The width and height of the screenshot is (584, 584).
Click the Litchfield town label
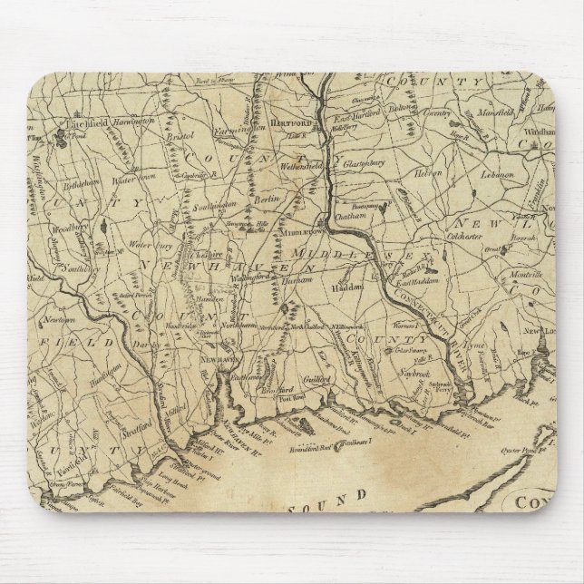click(84, 121)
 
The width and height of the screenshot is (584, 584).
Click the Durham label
click(299, 280)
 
